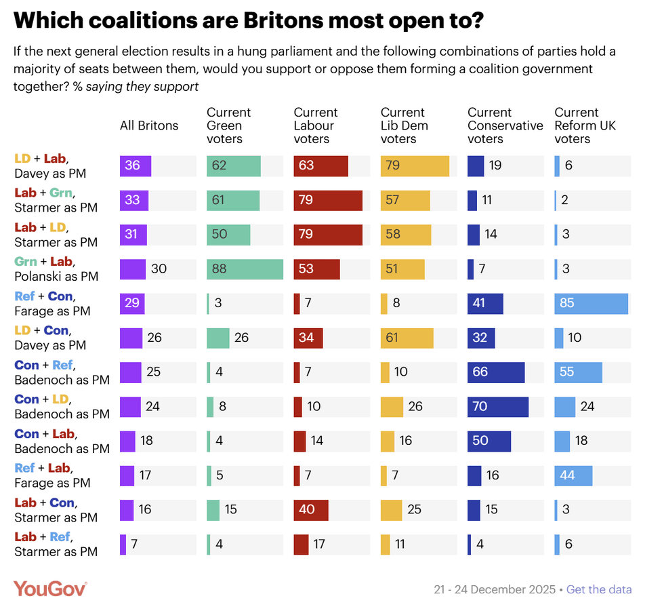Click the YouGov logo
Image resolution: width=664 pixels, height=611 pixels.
point(50,589)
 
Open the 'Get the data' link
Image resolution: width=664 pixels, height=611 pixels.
point(599,589)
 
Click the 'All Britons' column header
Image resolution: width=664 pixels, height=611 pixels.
point(149,125)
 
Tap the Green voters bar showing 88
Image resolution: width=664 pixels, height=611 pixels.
point(245,269)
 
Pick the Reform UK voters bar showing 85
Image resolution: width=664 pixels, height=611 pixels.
point(591,303)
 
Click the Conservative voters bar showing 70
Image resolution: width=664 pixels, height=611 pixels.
point(497,406)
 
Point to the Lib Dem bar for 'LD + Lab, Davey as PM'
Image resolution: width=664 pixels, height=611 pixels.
point(415,165)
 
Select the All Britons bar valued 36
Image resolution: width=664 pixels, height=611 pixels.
point(136,165)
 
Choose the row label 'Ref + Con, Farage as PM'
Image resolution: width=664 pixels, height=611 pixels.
point(54,303)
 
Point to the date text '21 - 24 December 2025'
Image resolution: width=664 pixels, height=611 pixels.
point(495,589)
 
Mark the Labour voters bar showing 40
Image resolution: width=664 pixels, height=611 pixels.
point(311,509)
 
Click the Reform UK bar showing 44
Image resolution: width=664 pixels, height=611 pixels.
point(573,475)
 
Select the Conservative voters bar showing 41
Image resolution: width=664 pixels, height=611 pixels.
point(485,303)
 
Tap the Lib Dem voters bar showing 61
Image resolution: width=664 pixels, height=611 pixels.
point(407,338)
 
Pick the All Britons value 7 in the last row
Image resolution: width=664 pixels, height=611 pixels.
point(134,544)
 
